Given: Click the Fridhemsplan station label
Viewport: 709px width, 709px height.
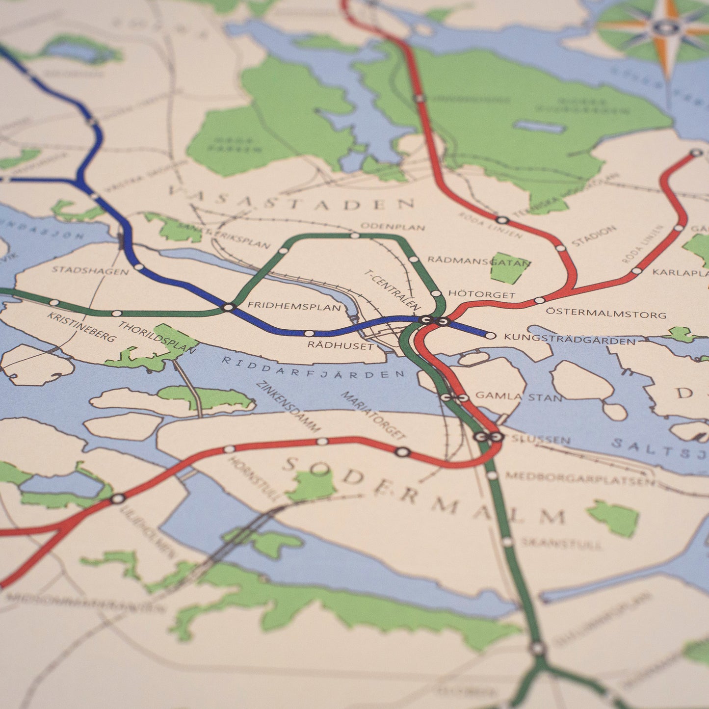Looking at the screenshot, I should (293, 306).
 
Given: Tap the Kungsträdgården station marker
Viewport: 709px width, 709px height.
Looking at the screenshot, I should (490, 336).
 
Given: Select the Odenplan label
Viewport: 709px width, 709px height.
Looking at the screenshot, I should (393, 227).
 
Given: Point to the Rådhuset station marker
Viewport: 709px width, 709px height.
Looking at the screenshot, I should (309, 333).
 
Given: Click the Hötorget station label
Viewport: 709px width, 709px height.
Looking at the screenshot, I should (481, 295).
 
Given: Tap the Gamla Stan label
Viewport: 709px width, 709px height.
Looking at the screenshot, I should (519, 396).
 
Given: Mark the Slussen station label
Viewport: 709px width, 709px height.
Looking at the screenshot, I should (541, 440).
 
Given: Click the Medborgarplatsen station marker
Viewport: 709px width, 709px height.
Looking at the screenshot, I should (492, 475).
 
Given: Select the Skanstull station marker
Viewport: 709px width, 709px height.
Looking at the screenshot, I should (507, 542).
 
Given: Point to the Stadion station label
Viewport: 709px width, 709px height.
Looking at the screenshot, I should (593, 236).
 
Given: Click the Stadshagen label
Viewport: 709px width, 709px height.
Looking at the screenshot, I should (90, 270).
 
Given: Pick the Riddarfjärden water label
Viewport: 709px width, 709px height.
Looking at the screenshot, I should (313, 368).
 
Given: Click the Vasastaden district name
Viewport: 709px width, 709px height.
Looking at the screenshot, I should (291, 198).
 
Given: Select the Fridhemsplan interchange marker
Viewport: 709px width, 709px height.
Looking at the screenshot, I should (228, 308).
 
